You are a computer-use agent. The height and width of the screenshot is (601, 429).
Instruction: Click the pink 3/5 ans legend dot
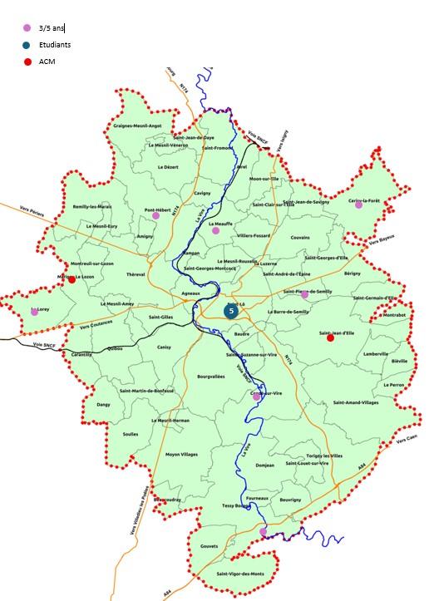tap(27, 27)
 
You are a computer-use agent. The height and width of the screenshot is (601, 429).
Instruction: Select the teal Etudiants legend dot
tap(27, 45)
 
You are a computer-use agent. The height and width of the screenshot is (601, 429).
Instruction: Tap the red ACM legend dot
tap(27, 62)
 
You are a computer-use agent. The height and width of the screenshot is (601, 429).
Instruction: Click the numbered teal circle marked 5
tap(230, 312)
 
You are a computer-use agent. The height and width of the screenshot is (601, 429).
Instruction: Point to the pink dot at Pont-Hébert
tap(155, 215)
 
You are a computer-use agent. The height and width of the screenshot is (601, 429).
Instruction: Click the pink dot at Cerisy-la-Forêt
tap(359, 204)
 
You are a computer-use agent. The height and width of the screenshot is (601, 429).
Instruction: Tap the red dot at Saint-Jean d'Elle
tap(330, 337)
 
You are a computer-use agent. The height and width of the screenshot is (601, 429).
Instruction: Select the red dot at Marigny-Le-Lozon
tap(71, 279)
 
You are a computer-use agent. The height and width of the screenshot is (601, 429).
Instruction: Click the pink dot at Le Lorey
tap(34, 312)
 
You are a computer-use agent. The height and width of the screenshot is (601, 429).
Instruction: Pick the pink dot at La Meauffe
tap(215, 230)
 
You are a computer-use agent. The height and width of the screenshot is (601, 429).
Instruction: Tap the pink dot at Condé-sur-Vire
tap(257, 397)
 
